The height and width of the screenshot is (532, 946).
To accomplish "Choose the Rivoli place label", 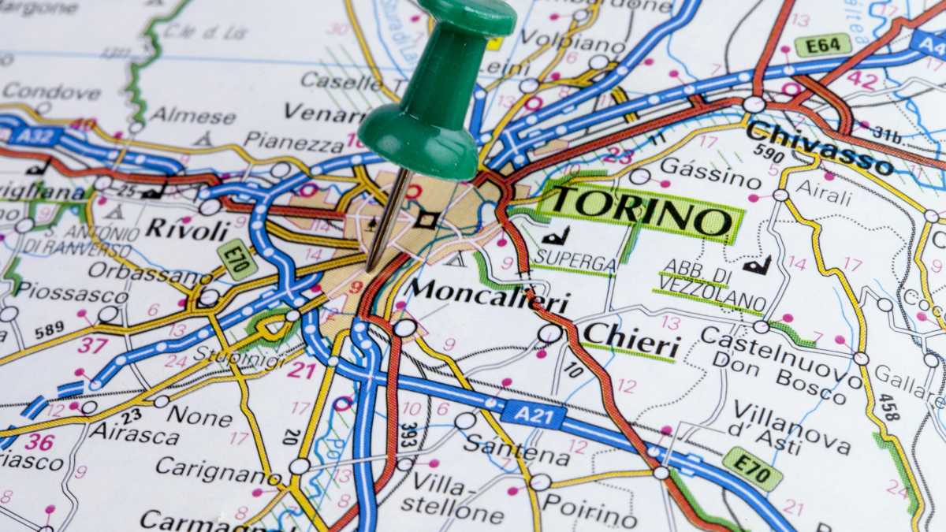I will pos(187,229).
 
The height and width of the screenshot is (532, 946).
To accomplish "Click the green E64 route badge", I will pos(822,45).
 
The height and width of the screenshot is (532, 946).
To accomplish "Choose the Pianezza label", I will pos(294,141).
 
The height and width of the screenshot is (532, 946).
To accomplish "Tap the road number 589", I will pos(49,329).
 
